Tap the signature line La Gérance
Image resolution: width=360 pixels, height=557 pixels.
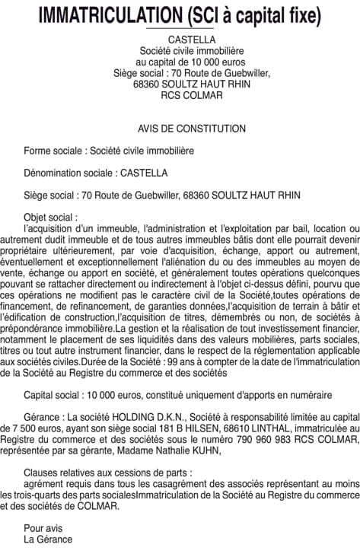click(x=48, y=539)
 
